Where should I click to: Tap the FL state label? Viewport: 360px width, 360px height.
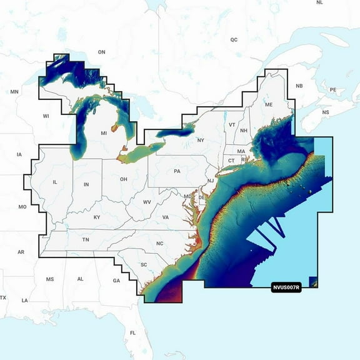pos(132,332)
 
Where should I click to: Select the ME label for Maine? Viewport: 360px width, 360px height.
pos(269,104)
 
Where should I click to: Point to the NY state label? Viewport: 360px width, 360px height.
pos(201,140)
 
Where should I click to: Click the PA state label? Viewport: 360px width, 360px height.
pos(177,171)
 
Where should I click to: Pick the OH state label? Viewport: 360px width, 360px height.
pos(124,179)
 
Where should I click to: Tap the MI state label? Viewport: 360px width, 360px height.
pos(104,133)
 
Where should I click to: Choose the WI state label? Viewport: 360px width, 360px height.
pos(46,116)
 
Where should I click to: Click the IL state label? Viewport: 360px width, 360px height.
pos(55,182)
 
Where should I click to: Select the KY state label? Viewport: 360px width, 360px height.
pos(97,217)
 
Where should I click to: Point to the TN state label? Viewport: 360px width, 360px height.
pos(86,239)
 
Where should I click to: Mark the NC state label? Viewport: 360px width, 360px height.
pos(159,243)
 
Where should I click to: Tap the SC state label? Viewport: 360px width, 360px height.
pos(144,264)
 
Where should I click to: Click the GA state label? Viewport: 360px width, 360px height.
pos(116,281)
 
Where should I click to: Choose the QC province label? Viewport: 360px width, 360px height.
pos(234,39)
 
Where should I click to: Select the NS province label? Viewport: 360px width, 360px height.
pos(325,112)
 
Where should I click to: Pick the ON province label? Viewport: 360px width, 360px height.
pos(102,52)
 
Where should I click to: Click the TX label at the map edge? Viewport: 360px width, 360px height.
pos(3,297)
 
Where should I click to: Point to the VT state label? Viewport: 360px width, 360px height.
pos(232,125)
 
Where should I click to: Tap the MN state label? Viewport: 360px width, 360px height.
pos(14,92)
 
